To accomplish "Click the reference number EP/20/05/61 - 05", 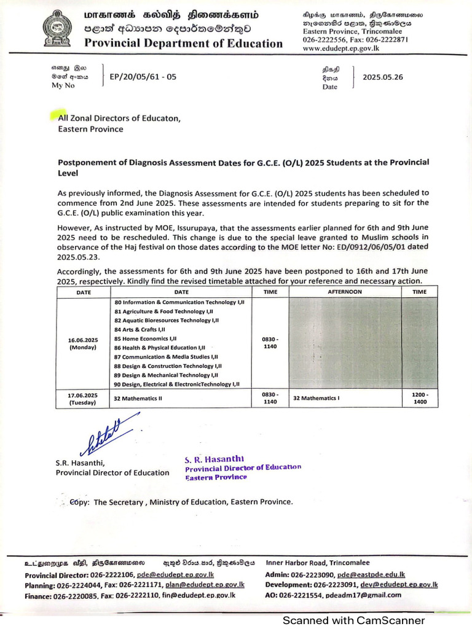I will pyautogui.click(x=143, y=77).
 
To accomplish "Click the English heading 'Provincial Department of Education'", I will pyautogui.click(x=183, y=43).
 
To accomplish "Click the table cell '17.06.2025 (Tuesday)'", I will pyautogui.click(x=82, y=399).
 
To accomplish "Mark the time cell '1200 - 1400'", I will pyautogui.click(x=419, y=398).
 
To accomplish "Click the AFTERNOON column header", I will pyautogui.click(x=345, y=292).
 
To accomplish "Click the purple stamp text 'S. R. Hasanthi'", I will pyautogui.click(x=214, y=459).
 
